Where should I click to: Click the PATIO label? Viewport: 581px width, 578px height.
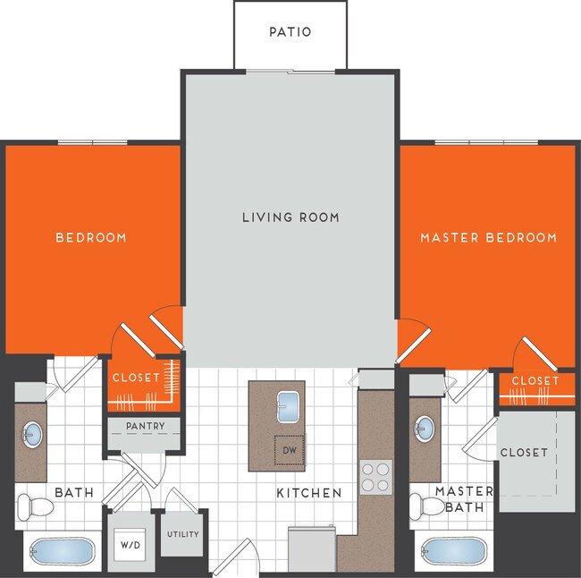point(290,32)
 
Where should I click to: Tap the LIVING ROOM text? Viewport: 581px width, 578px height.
point(290,217)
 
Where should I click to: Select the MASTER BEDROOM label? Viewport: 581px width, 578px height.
point(488,238)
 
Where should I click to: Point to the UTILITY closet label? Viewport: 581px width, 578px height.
point(182,535)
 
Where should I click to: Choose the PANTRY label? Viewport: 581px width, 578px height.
point(145,427)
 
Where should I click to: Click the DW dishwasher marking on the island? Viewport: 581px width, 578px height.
point(289,450)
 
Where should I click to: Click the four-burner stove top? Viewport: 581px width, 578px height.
point(375,476)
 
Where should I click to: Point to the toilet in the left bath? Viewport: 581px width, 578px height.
point(35,507)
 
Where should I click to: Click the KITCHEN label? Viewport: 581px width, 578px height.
point(308,493)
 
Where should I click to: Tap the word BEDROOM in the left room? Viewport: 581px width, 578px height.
point(91,238)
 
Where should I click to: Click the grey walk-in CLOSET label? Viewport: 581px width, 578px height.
point(524,453)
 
